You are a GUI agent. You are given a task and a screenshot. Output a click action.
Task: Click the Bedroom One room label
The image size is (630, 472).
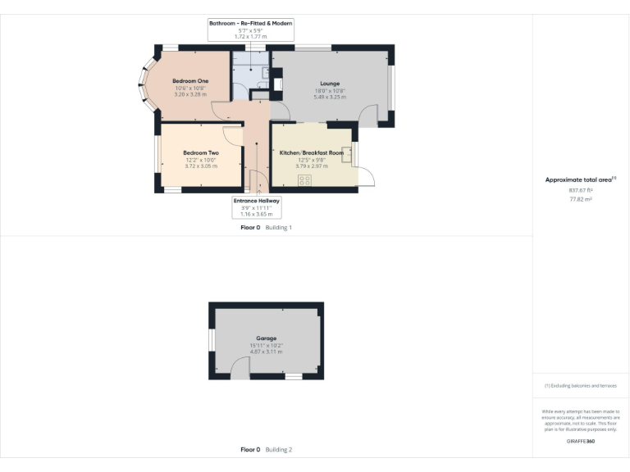pyautogui.click(x=189, y=80)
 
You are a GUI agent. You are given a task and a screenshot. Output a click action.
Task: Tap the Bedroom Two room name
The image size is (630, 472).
pyautogui.click(x=200, y=152)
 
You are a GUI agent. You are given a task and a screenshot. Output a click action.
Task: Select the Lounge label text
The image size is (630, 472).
pyautogui.click(x=329, y=84)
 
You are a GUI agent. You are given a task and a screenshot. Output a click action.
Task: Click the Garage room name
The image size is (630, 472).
pyautogui.click(x=266, y=338)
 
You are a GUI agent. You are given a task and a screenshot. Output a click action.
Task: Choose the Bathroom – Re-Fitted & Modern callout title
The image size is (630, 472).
pyautogui.click(x=250, y=24)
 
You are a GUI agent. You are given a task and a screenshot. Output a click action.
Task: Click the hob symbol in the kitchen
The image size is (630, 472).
pyautogui.click(x=304, y=180)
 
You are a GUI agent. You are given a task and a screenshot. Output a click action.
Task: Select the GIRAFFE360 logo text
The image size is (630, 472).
pyautogui.click(x=580, y=441)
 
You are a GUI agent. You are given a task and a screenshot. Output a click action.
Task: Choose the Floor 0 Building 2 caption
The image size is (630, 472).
pyautogui.click(x=266, y=449)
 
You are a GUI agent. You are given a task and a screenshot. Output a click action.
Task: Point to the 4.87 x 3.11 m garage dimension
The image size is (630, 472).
pyautogui.click(x=266, y=352)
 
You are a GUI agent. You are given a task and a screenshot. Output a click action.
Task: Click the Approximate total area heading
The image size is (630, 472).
pyautogui.click(x=580, y=179)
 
